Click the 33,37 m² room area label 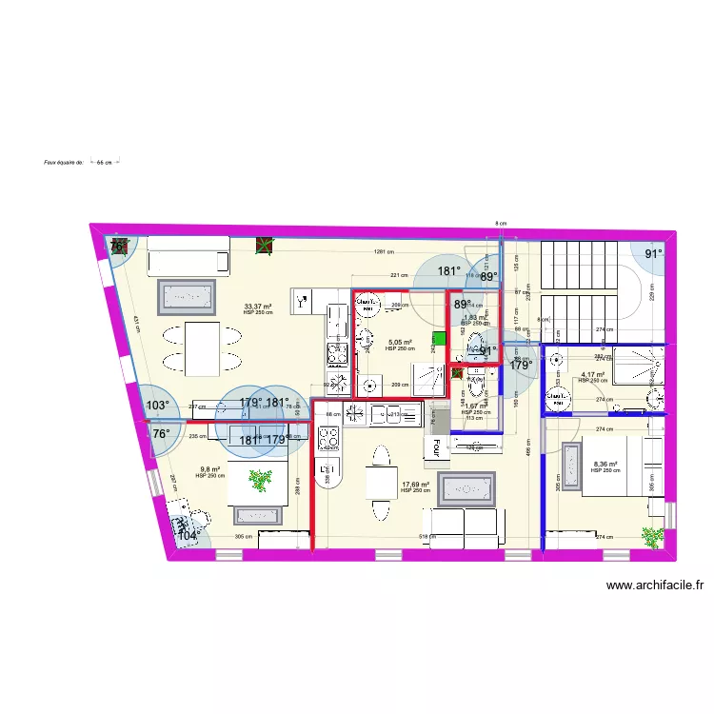[258, 307]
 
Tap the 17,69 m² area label [415, 485]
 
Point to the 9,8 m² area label [209, 468]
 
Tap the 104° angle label [188, 536]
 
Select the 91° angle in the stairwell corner [654, 254]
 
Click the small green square [440, 338]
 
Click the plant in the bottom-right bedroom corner [652, 538]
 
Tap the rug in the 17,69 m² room [470, 486]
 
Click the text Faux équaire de [65, 163]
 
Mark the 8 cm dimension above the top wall [501, 224]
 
